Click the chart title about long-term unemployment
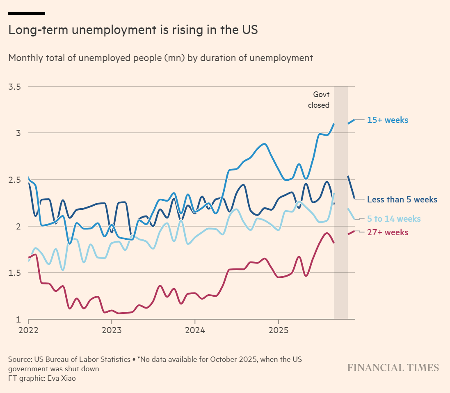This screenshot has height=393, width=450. point(133,30)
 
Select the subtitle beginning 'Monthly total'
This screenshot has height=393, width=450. point(160,58)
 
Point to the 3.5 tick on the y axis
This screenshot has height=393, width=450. point(16,87)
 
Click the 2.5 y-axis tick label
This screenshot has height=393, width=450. point(16,180)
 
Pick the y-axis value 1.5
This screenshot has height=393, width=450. point(16,273)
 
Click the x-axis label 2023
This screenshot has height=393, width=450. point(112,330)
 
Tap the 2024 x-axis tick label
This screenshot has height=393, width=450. point(195,330)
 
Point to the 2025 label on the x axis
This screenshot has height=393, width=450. point(278,330)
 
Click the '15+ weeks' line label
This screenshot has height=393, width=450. point(388,120)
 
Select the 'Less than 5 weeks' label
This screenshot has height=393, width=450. point(402,200)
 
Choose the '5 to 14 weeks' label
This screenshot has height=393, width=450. point(394,219)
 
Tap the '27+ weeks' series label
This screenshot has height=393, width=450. point(388,232)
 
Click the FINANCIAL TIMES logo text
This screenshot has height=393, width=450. point(393,368)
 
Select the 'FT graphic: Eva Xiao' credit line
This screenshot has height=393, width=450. point(42,378)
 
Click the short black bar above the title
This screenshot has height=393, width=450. point(27,14)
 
